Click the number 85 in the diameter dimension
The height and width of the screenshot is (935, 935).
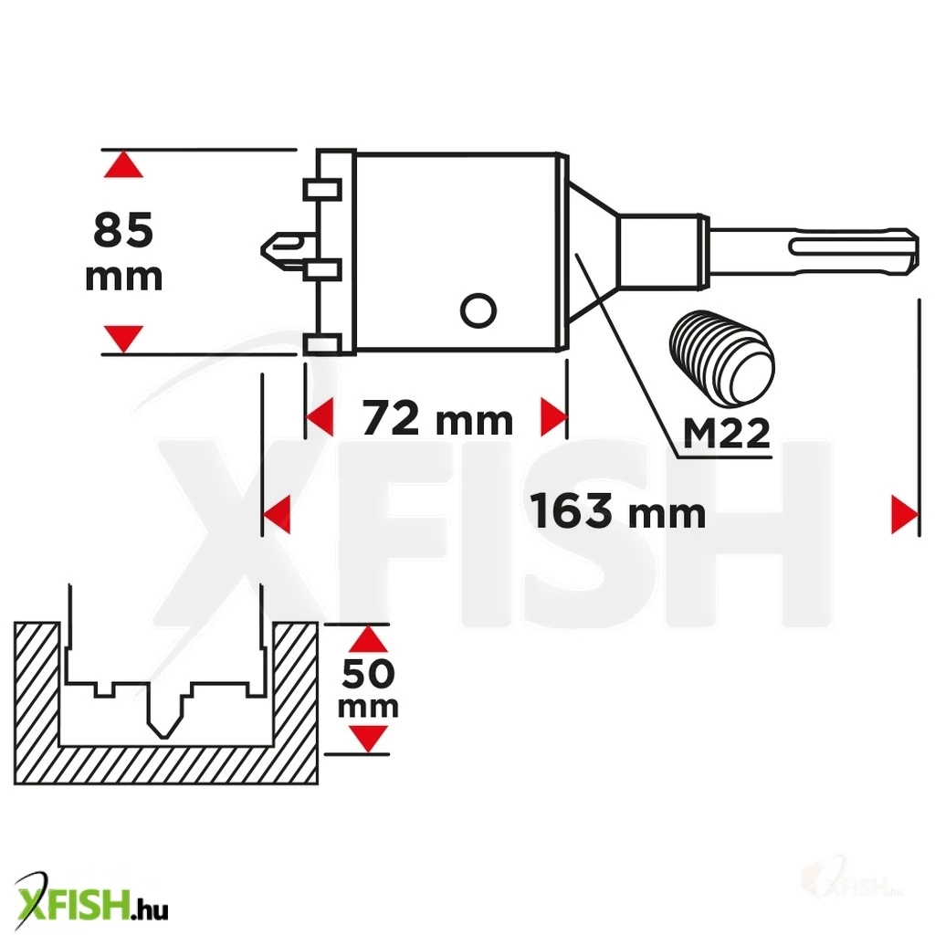tap(123, 230)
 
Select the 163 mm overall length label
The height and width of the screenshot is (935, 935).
tap(618, 511)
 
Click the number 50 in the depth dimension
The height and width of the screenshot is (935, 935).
tap(368, 674)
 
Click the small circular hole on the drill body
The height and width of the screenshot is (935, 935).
tap(478, 310)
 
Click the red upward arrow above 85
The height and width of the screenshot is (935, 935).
tap(123, 164)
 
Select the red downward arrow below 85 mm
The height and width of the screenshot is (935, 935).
tap(123, 339)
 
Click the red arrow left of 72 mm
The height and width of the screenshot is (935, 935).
tap(319, 417)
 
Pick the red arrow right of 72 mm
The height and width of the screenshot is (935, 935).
tap(553, 417)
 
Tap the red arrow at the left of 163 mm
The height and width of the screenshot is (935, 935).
tap(277, 514)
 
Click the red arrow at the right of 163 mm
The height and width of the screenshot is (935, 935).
tap(905, 514)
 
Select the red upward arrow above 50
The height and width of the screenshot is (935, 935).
tap(368, 638)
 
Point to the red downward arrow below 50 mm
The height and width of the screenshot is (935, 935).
tap(368, 740)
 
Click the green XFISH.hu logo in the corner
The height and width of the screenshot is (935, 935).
tap(91, 899)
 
